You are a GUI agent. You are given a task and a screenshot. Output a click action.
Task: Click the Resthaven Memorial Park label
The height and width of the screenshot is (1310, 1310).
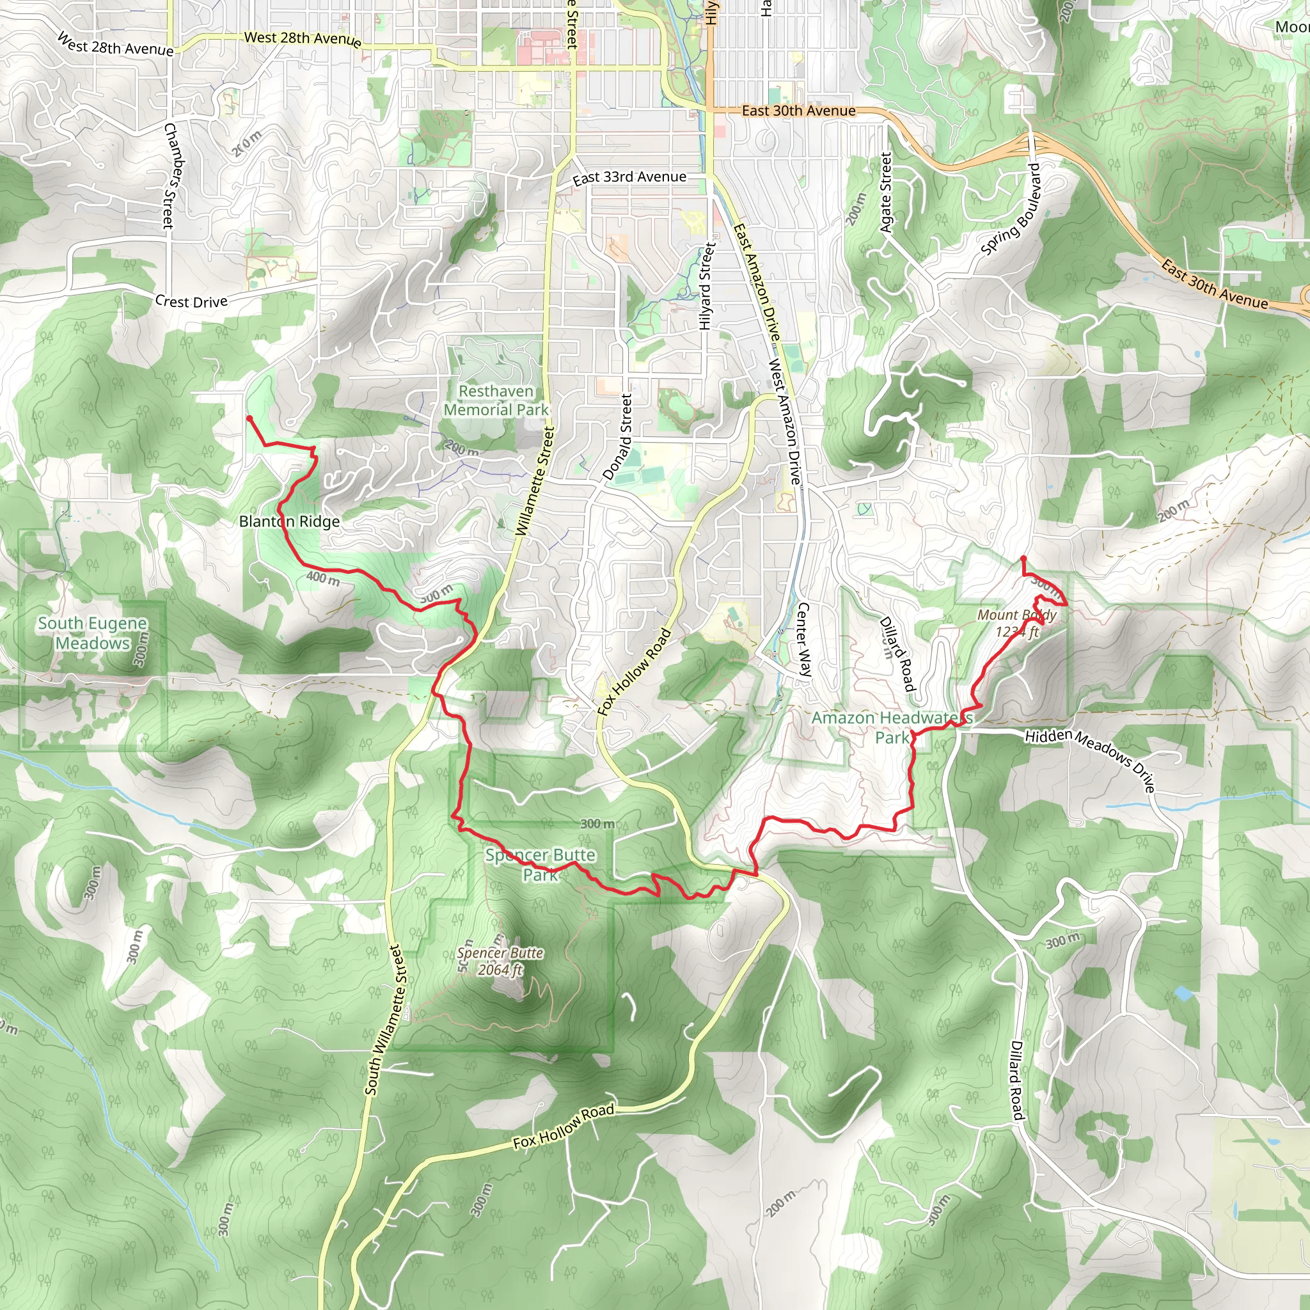[496, 400]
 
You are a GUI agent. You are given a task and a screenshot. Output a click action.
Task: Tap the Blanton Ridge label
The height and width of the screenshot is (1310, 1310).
[290, 521]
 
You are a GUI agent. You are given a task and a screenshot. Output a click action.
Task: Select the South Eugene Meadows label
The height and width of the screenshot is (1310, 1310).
[92, 633]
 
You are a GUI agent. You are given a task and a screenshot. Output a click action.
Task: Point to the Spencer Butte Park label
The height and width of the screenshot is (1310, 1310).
[541, 865]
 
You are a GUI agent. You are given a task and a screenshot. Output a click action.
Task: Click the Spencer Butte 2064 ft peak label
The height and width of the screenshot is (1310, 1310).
[500, 961]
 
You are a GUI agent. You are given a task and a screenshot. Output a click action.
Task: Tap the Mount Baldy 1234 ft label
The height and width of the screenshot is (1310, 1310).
[1016, 623]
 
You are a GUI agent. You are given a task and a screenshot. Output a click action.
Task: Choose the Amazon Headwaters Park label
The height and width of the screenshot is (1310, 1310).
[892, 727]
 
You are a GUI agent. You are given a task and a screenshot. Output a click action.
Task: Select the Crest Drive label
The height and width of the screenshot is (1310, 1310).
[191, 301]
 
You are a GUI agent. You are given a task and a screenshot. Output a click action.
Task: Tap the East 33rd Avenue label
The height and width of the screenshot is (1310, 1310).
[629, 178]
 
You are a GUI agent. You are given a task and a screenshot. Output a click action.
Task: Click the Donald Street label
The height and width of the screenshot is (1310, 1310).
[618, 438]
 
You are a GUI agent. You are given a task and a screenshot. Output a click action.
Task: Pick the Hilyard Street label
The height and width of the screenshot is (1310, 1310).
[707, 287]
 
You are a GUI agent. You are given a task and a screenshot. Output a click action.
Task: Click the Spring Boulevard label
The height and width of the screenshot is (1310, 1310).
[1010, 210]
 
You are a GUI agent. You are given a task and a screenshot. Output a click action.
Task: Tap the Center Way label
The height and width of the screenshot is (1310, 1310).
[803, 640]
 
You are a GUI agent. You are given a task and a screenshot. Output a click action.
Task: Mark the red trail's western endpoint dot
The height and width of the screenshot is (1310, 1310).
[249, 419]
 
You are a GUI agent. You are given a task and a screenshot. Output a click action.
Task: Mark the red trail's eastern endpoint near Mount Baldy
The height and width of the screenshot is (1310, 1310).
[1023, 558]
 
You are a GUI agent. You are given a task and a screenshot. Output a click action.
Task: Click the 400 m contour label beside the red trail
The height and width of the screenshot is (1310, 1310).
[323, 578]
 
